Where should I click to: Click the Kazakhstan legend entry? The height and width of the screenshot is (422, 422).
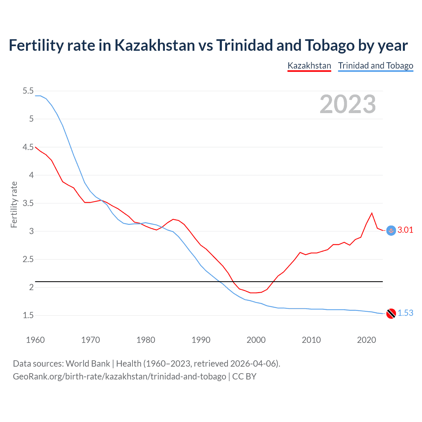pos(309,66)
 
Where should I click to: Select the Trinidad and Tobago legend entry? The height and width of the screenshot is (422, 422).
pos(376,66)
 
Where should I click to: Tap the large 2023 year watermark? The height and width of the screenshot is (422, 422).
pos(347,104)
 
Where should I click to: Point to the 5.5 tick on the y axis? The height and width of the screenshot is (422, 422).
pos(28,91)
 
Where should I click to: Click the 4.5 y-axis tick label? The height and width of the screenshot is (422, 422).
pos(28,147)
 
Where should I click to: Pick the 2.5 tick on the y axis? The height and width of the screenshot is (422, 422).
pos(28,259)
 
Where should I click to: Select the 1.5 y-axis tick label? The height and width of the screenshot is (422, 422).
pos(28,316)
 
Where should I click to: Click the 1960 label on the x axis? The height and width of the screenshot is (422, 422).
pos(35,340)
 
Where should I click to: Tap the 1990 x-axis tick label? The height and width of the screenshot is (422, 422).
pos(201,340)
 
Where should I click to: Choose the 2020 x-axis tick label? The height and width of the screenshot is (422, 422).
pos(366,340)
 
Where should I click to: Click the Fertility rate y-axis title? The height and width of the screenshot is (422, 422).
pos(14,204)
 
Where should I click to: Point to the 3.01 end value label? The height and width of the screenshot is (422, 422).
pos(405,230)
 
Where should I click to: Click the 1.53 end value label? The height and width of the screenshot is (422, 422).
pos(405,313)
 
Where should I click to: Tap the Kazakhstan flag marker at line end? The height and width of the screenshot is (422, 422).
pos(391,231)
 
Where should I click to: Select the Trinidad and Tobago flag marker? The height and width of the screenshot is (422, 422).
pos(391,314)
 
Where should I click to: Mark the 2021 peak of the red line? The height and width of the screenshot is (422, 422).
pos(372,213)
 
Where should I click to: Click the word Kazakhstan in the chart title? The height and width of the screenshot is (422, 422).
pos(155,45)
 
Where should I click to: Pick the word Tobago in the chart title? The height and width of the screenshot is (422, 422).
pos(329,45)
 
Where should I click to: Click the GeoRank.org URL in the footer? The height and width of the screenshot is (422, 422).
pos(119,377)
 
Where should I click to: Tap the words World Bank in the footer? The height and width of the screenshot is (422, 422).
pos(88,364)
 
